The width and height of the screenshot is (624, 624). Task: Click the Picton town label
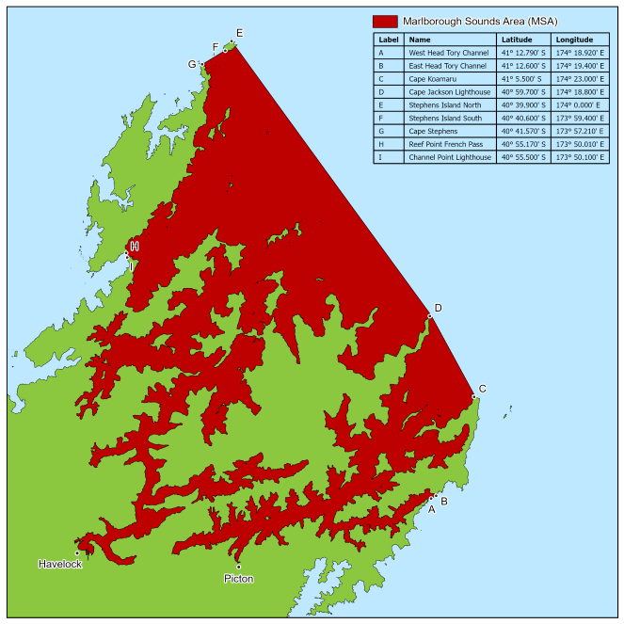[x=238, y=579]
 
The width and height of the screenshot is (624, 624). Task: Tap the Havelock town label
[x=60, y=564]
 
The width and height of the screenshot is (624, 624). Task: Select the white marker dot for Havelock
[x=77, y=553]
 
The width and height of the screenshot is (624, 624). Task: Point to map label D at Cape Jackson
[x=438, y=308]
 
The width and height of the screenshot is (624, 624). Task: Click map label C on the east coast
[x=483, y=389]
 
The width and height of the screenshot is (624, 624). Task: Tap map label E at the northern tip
[x=239, y=33]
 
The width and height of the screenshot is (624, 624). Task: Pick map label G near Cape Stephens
[x=192, y=64]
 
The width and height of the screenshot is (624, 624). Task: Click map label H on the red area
[x=135, y=247]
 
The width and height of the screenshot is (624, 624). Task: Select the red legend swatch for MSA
[x=384, y=21]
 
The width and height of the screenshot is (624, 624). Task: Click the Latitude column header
[x=517, y=40]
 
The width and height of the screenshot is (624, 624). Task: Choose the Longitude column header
[x=574, y=40]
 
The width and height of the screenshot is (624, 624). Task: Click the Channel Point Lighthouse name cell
[x=449, y=157]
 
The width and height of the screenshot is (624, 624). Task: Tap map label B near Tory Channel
[x=443, y=502]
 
